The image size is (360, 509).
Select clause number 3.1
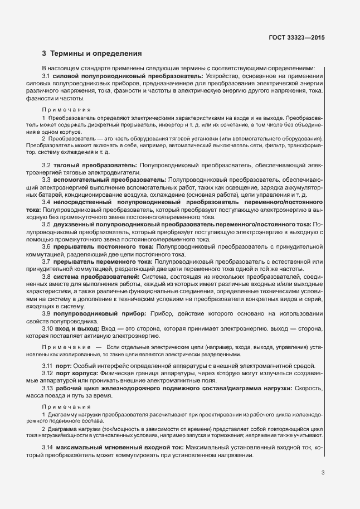[x=47, y=75]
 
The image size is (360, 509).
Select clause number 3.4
[x=47, y=202]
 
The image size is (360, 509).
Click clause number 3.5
[x=47, y=224]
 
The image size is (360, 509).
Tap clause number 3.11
[x=48, y=365]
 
